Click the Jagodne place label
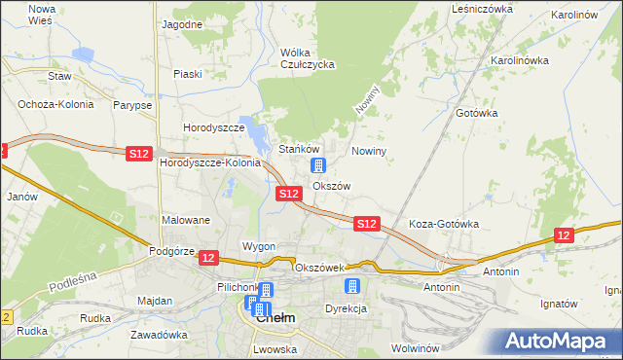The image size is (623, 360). [182, 24]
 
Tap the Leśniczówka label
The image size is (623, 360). [482, 9]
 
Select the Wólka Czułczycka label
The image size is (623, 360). [307, 58]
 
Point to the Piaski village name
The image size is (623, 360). [187, 74]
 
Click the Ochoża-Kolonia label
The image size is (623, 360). [54, 104]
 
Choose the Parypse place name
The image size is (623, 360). [131, 104]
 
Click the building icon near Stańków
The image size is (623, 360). [317, 165]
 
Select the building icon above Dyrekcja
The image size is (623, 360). [352, 286]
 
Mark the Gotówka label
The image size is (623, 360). [476, 113]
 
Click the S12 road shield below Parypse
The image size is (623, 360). [139, 153]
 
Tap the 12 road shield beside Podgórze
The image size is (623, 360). [209, 257]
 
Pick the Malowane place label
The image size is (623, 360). [186, 220]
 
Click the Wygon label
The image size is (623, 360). [259, 246]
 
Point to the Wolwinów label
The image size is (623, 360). [418, 347]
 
